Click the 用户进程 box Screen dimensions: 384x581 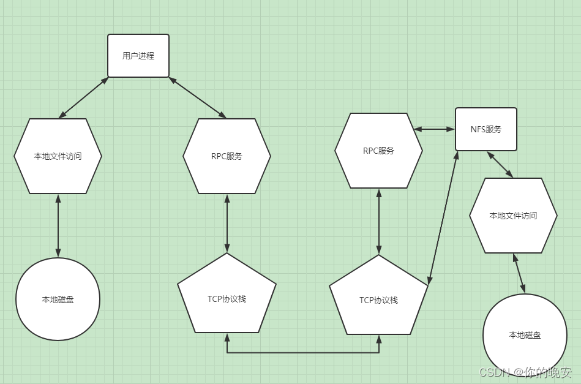(x=138, y=56)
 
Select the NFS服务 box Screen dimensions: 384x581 (x=486, y=129)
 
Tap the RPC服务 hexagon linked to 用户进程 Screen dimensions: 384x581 (x=227, y=156)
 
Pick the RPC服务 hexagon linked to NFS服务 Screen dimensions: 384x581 (x=378, y=151)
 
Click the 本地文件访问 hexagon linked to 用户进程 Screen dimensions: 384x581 (x=58, y=156)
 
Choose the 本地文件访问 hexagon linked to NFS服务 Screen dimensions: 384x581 (x=513, y=216)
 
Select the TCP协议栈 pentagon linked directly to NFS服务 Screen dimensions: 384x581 (x=378, y=299)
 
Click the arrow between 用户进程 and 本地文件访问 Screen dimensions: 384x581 (x=83, y=97)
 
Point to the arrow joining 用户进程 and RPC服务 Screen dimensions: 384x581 (x=198, y=97)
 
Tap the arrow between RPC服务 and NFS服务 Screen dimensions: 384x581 (x=434, y=129)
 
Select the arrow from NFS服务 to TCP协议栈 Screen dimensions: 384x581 (x=443, y=217)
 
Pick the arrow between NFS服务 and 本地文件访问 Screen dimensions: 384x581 (x=500, y=164)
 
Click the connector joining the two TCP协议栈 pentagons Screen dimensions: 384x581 (x=302, y=353)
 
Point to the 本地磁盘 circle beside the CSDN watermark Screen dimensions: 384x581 (x=525, y=336)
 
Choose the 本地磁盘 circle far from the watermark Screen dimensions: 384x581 (x=58, y=299)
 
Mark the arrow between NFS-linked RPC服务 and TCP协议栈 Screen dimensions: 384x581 (x=378, y=221)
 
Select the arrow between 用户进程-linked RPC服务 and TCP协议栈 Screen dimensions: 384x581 (x=227, y=224)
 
